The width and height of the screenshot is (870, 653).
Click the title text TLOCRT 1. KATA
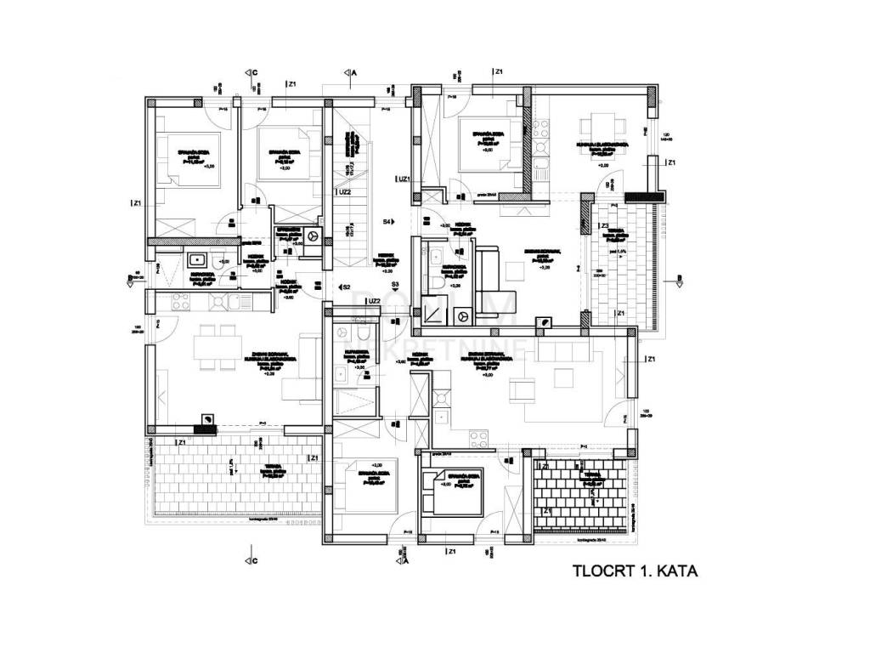coord(636,571)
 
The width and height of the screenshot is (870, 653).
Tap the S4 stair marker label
coord(387,222)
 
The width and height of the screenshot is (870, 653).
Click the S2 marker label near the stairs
coord(346,287)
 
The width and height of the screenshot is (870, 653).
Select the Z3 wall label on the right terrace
coord(604,226)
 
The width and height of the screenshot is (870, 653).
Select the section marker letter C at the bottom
coord(254,560)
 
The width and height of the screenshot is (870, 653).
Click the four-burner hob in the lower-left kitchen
coord(181,301)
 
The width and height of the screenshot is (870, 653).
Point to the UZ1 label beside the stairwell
coord(404,179)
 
